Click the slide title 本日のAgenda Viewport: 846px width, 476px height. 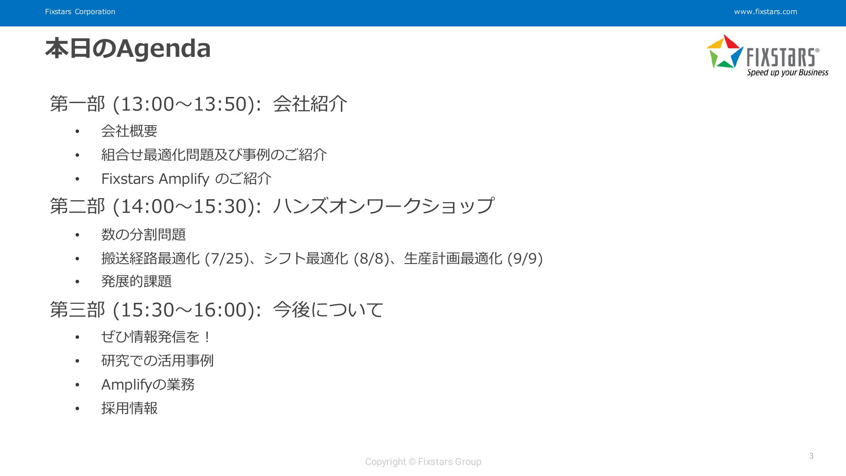coord(128,48)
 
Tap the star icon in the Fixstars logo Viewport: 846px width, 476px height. coord(725,52)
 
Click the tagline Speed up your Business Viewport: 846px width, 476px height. coord(787,72)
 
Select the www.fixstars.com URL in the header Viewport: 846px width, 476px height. coord(765,12)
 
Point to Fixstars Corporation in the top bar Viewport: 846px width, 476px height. coord(80,12)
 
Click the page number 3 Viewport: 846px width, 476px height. coord(811,456)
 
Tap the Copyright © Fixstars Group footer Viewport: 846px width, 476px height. coord(423,462)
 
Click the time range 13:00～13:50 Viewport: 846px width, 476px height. coord(184,104)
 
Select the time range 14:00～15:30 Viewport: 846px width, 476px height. coord(184,206)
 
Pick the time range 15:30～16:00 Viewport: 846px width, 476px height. coord(184,310)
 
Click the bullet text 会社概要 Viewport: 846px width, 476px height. coord(129,131)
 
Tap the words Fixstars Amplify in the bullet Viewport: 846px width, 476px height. coord(155,179)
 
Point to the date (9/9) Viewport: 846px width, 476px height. coord(525,258)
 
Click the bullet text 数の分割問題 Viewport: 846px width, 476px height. coord(144,234)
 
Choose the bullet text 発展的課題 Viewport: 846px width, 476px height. coord(137,281)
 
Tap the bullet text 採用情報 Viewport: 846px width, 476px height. coord(129,408)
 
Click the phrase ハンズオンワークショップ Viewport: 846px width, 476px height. coord(383,206)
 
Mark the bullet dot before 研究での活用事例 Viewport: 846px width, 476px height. coord(77,361)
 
